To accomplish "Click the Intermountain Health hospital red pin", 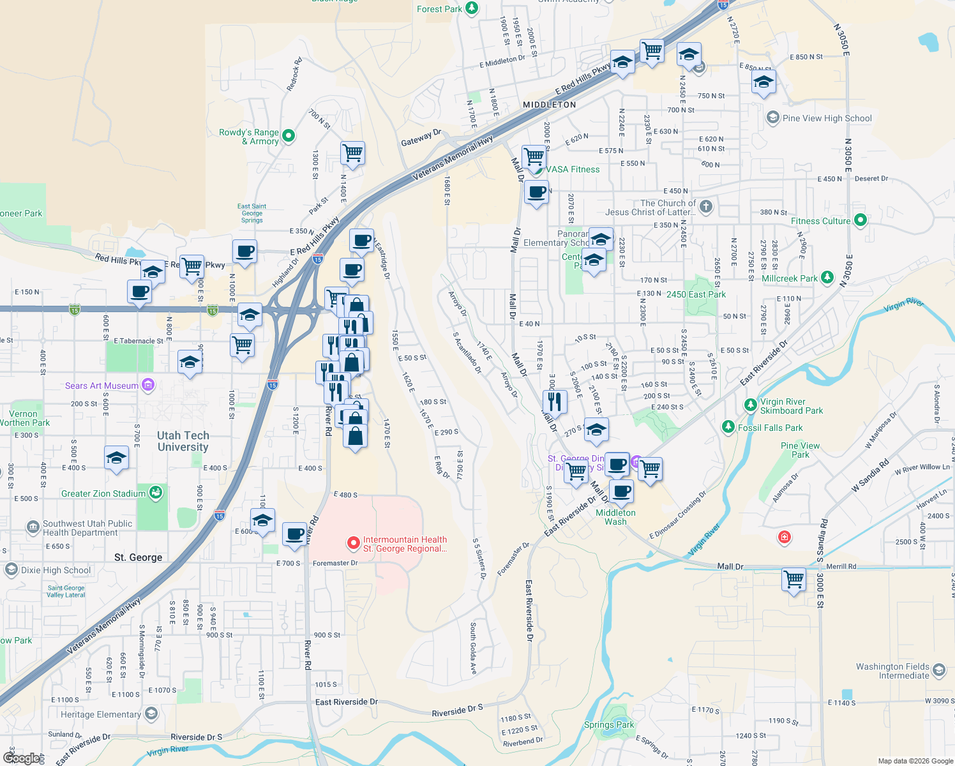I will pyautogui.click(x=353, y=543).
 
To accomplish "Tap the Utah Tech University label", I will pyautogui.click(x=183, y=441).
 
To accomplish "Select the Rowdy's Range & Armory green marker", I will pyautogui.click(x=288, y=135).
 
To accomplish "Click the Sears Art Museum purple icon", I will pyautogui.click(x=148, y=385).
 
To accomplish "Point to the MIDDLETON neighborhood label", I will pyautogui.click(x=549, y=105).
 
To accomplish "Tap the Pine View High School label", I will pyautogui.click(x=827, y=118).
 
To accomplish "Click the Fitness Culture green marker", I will pyautogui.click(x=860, y=220).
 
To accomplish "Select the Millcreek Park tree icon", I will pyautogui.click(x=827, y=277).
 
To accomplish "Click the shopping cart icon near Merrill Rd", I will pyautogui.click(x=793, y=580).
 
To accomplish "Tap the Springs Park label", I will pyautogui.click(x=609, y=725).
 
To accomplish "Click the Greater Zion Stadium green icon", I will pyautogui.click(x=156, y=493).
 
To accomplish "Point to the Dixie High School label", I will pyautogui.click(x=56, y=570).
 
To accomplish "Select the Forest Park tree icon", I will pyautogui.click(x=472, y=8).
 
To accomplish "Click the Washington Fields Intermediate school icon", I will pyautogui.click(x=938, y=670).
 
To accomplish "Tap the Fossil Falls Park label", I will pyautogui.click(x=771, y=428).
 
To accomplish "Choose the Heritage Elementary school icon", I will pyautogui.click(x=151, y=714).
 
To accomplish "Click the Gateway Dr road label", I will pyautogui.click(x=421, y=138).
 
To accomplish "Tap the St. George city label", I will pyautogui.click(x=138, y=557).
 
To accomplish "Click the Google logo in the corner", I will pyautogui.click(x=21, y=758).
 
